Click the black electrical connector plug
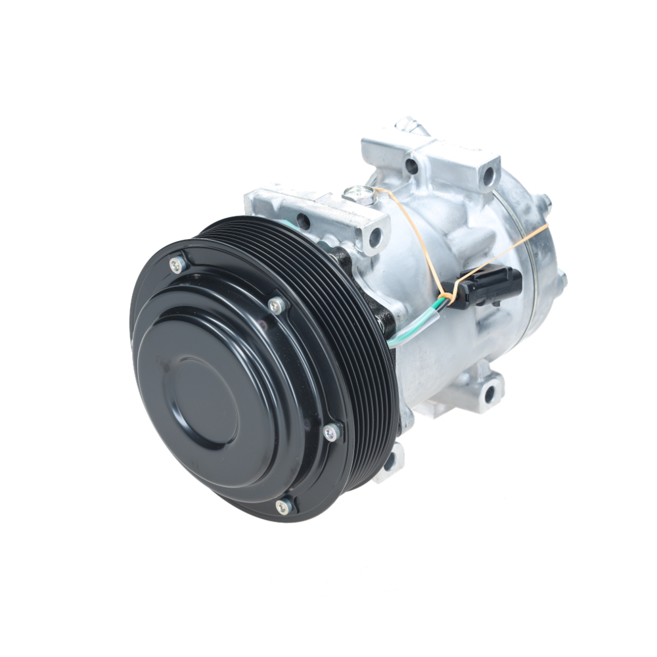click(x=486, y=286)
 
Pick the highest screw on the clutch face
click(x=176, y=264)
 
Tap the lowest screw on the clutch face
click(x=284, y=505)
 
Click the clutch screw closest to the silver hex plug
click(x=277, y=304)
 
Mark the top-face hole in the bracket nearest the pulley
click(x=304, y=220)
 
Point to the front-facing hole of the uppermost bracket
click(x=412, y=166)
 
